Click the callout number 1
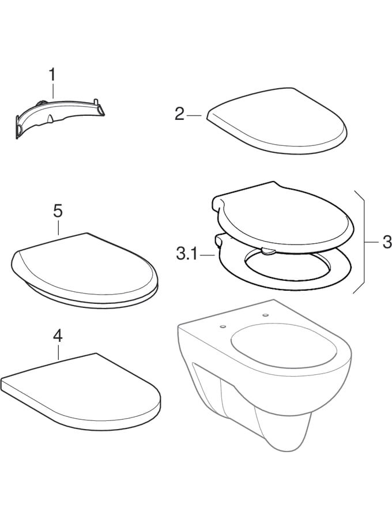(52, 75)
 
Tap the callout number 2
(179, 115)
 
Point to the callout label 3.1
(187, 255)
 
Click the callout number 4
(58, 336)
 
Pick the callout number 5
(58, 211)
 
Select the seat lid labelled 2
(277, 121)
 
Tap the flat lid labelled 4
(81, 392)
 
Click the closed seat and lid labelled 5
(85, 272)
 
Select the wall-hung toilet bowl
(265, 374)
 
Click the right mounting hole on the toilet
(265, 315)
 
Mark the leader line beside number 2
(194, 115)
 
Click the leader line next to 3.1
(207, 255)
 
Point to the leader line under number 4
(58, 352)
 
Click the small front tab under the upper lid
(267, 251)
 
